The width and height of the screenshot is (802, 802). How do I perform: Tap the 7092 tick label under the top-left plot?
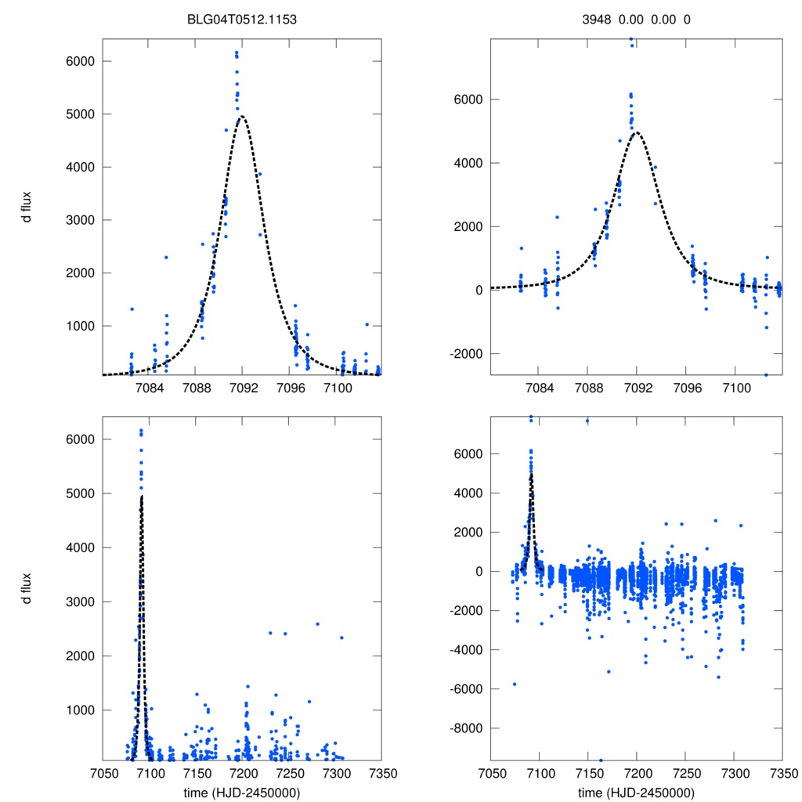(243, 388)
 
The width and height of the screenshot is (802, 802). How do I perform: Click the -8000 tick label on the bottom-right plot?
(461, 728)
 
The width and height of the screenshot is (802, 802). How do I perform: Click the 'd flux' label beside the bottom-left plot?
(28, 587)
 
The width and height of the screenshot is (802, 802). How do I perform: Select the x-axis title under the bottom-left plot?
(241, 792)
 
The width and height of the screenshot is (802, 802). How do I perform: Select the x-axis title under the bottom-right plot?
(636, 792)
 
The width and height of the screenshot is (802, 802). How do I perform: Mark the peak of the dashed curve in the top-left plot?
(242, 117)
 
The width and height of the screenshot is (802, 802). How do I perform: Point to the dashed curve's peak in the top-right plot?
(637, 132)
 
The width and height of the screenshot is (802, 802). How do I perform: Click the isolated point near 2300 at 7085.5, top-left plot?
(166, 258)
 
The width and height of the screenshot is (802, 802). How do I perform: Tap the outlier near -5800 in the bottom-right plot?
(515, 684)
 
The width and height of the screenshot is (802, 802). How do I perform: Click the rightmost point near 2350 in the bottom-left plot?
(341, 638)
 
